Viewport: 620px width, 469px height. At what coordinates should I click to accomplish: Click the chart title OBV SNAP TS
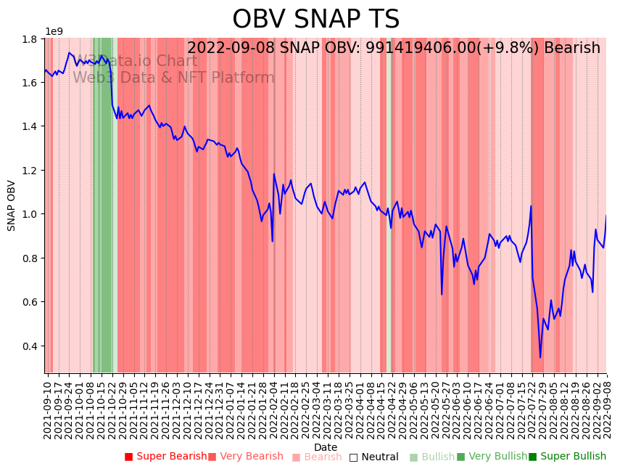pos(315,20)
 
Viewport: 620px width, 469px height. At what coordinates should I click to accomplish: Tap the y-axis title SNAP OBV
pos(12,205)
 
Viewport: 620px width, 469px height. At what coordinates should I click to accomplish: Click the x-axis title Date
pos(326,447)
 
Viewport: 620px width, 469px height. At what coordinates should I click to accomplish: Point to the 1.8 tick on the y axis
pos(32,38)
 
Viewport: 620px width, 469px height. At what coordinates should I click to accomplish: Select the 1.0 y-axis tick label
pos(32,214)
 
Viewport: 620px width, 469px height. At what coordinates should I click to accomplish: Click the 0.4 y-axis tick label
pos(32,346)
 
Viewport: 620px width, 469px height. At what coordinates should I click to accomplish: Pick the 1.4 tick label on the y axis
pos(32,126)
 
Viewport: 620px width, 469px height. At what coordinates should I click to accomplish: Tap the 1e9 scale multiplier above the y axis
pos(54,31)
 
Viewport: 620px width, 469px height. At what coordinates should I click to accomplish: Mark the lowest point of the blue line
pos(540,357)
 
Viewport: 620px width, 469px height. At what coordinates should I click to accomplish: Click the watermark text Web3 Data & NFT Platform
pos(173,78)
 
